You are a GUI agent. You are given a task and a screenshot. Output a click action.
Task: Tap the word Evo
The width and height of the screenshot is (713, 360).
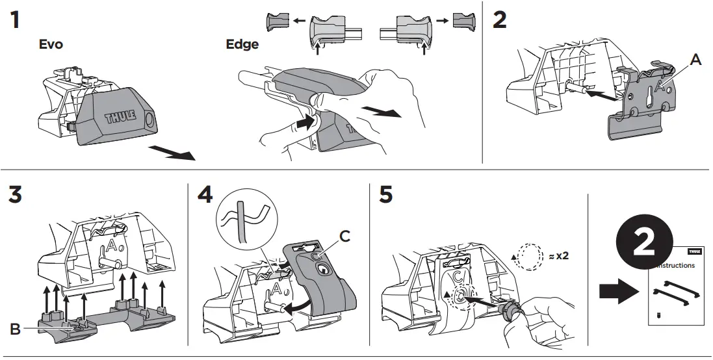51,45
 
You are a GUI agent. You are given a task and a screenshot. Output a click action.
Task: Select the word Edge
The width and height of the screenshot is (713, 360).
242,45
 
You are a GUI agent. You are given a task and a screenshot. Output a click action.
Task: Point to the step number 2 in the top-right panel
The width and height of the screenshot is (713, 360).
499,20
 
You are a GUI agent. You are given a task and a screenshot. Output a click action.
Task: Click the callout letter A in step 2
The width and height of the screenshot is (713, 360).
695,60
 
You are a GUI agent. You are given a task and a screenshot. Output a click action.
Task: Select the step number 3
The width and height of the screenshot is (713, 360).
18,194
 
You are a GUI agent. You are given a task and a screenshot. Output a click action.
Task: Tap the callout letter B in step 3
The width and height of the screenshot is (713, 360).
15,329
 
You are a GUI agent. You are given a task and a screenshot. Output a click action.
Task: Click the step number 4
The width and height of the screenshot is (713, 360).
204,194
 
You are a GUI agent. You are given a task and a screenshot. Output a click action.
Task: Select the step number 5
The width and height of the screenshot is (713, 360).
386,194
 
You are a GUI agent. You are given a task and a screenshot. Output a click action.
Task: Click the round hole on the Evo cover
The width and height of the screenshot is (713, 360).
150,120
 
